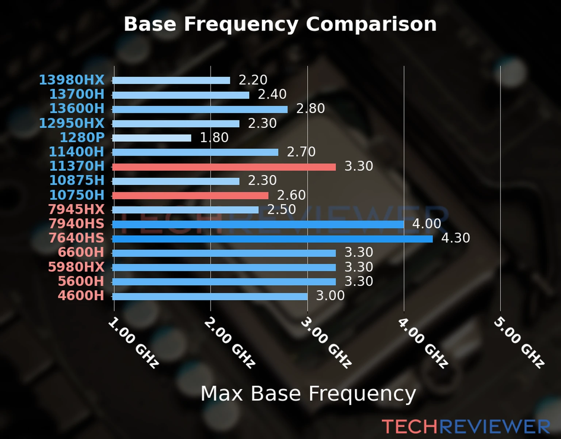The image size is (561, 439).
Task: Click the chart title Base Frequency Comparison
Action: click(280, 24)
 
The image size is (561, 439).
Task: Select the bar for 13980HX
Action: click(171, 80)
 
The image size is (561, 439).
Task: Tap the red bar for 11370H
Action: click(224, 167)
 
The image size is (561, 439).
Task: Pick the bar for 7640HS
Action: click(272, 239)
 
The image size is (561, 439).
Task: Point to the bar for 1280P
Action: click(152, 138)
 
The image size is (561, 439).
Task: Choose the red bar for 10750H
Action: click(190, 196)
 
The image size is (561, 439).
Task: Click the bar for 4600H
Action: click(210, 296)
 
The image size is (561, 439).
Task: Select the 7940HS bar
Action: click(258, 224)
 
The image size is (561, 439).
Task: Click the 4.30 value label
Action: click(455, 238)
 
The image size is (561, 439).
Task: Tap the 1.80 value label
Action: click(214, 138)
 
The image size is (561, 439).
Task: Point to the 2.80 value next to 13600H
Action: click(310, 109)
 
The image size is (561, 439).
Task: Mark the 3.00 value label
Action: click(330, 296)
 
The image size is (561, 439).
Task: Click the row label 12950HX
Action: click(72, 123)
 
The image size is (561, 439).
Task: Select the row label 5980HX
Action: click(76, 267)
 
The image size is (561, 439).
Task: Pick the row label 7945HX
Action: click(76, 210)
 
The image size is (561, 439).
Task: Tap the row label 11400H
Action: click(77, 152)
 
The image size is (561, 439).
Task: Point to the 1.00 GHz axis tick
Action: click(134, 343)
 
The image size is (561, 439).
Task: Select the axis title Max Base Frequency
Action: click(308, 394)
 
